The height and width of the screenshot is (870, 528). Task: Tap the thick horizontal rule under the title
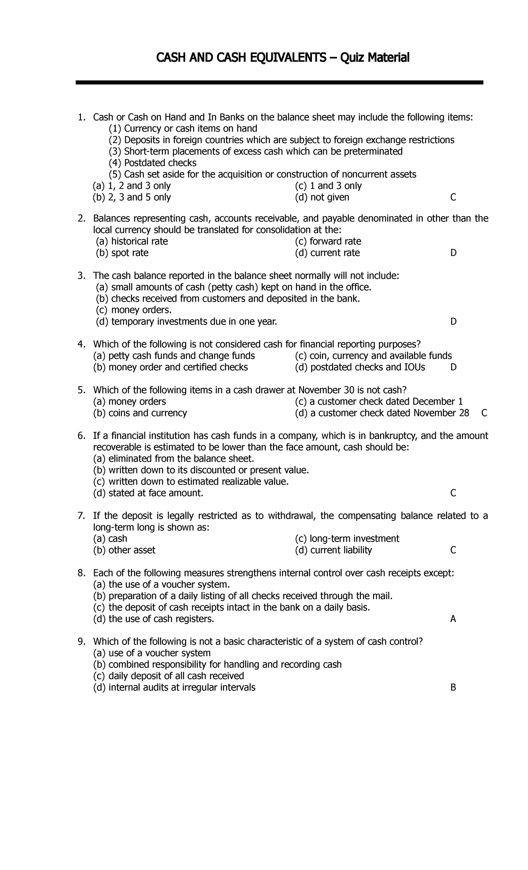pyautogui.click(x=279, y=82)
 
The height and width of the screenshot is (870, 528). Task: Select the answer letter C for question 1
pyautogui.click(x=453, y=198)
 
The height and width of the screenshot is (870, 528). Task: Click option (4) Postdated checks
pyautogui.click(x=153, y=163)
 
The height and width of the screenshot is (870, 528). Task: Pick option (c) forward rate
pyautogui.click(x=328, y=242)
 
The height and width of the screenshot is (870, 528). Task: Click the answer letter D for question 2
pyautogui.click(x=453, y=253)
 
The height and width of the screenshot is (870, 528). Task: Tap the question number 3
pyautogui.click(x=81, y=276)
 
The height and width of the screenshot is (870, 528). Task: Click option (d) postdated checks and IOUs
pyautogui.click(x=360, y=368)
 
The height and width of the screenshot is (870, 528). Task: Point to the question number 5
pyautogui.click(x=81, y=391)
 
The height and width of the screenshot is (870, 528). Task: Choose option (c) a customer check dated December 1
pyautogui.click(x=378, y=402)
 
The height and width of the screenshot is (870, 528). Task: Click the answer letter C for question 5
pyautogui.click(x=484, y=413)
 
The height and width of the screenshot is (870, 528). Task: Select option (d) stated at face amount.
pyautogui.click(x=148, y=494)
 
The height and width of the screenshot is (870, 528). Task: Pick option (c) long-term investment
pyautogui.click(x=347, y=539)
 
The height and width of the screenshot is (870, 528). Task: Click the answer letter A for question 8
pyautogui.click(x=453, y=619)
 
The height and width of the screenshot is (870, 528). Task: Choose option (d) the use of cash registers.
pyautogui.click(x=154, y=619)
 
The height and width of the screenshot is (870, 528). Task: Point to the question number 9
pyautogui.click(x=81, y=642)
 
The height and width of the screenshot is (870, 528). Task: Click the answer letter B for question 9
pyautogui.click(x=453, y=688)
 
